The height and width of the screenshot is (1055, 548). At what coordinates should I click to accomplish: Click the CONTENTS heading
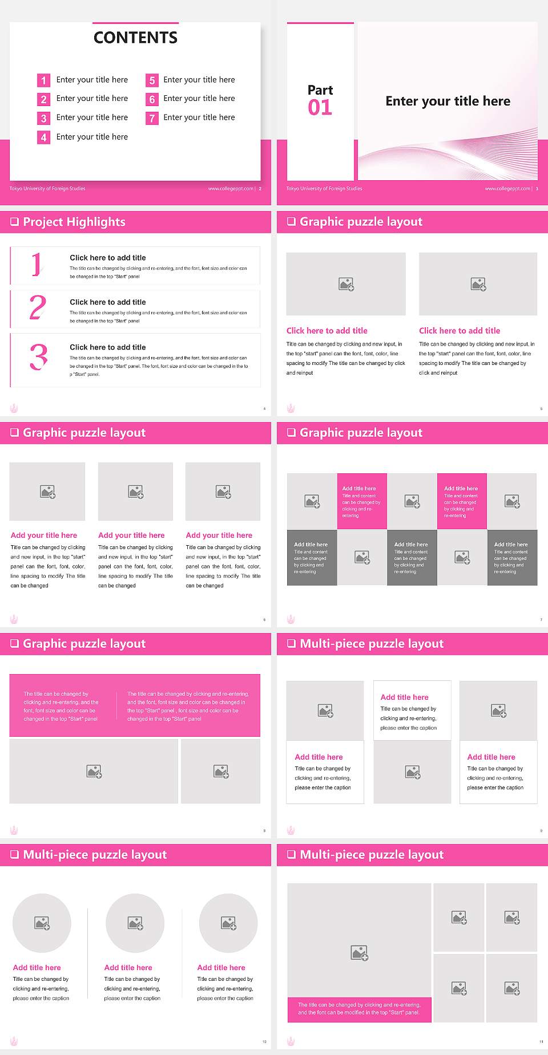[x=135, y=38]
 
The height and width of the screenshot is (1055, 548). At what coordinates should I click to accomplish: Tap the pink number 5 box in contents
[x=152, y=80]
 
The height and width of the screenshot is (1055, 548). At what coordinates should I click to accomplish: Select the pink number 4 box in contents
[x=43, y=137]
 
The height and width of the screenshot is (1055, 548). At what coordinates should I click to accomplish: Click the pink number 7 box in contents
[x=152, y=118]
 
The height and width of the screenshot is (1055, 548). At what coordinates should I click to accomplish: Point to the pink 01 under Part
[x=320, y=108]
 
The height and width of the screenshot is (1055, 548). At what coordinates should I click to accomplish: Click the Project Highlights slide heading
[x=74, y=222]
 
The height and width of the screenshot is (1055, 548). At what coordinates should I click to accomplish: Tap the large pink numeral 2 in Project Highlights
[x=38, y=307]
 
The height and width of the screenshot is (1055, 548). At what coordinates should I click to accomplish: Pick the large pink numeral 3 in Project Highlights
[x=38, y=357]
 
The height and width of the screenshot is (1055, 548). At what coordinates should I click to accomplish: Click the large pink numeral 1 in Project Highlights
[x=37, y=264]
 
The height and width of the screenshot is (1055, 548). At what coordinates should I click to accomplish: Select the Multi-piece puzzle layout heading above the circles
[x=95, y=854]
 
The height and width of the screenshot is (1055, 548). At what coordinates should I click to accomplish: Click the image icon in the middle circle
[x=135, y=923]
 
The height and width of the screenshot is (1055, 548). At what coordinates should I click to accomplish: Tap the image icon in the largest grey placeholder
[x=360, y=952]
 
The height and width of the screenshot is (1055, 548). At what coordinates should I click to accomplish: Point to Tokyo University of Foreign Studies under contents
[x=47, y=189]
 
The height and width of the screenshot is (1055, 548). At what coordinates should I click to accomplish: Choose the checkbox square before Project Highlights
[x=15, y=222]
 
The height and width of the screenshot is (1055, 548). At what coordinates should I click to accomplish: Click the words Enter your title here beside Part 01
[x=448, y=102]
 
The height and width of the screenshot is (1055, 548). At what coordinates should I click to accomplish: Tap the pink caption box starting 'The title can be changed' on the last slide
[x=359, y=1009]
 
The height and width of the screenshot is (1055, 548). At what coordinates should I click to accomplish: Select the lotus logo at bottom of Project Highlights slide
[x=14, y=408]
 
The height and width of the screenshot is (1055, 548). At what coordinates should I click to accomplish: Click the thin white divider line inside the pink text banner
[x=117, y=706]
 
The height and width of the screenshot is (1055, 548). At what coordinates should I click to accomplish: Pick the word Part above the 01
[x=320, y=90]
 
